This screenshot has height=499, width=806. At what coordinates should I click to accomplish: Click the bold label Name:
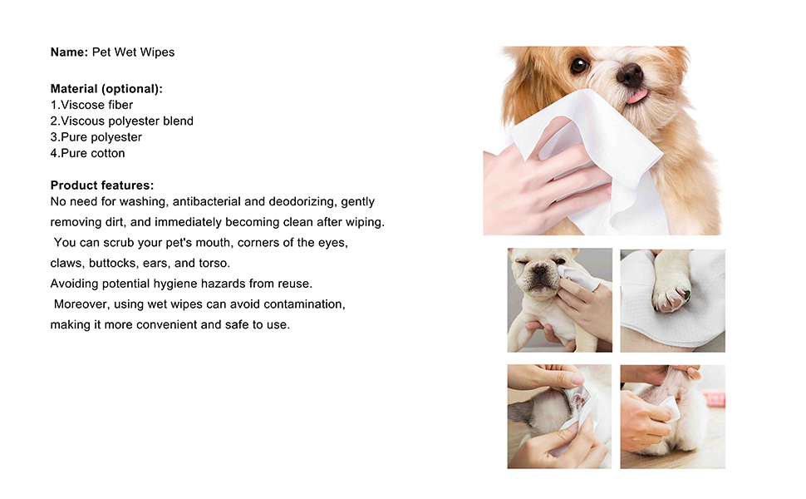(x=70, y=52)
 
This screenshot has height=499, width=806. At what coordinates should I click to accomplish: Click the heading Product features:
(x=101, y=185)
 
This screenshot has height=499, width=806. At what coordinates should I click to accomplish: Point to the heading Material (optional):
(x=106, y=88)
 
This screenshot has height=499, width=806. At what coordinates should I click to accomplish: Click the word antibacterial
(x=207, y=201)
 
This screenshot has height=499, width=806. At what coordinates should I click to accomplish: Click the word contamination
(x=304, y=304)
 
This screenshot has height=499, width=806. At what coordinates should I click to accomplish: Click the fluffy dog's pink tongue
(x=636, y=96)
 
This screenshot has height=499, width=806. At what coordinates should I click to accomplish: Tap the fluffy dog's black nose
(x=629, y=75)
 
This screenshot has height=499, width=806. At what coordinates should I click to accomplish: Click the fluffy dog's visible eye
(x=579, y=65)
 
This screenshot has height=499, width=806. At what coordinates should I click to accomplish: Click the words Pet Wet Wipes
(x=133, y=52)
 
